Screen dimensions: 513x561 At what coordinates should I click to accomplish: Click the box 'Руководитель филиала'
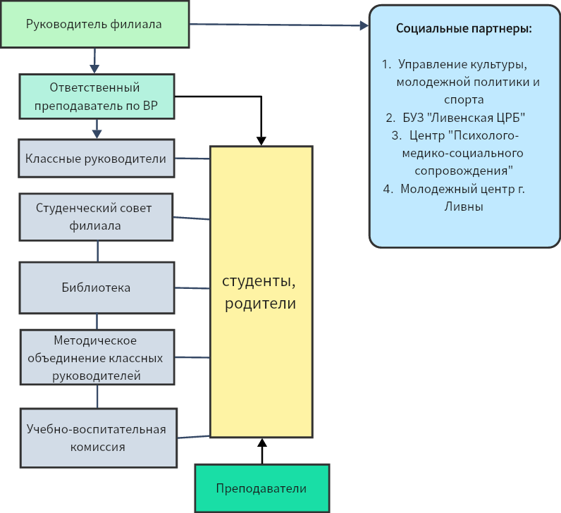tap(94, 25)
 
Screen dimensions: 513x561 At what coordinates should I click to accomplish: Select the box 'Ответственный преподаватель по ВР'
tap(96, 97)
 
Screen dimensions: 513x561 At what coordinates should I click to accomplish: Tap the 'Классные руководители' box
tap(96, 159)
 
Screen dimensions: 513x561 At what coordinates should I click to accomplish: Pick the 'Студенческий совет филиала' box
tap(96, 216)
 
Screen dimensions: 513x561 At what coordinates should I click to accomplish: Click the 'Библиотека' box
tap(96, 288)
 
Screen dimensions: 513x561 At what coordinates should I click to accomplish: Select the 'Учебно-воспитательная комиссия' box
tap(97, 438)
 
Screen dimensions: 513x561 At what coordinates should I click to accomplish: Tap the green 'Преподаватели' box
tap(261, 489)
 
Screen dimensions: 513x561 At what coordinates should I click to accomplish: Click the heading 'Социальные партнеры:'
tap(464, 30)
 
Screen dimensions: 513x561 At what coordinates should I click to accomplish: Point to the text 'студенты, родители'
tap(259, 292)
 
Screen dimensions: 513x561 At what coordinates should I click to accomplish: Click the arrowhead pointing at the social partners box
tap(364, 25)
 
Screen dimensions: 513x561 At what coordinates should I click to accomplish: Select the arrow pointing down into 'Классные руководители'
tap(97, 128)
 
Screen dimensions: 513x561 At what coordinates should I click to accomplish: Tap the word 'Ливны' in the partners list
tap(463, 206)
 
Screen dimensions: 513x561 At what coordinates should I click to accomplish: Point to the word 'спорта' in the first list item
tap(463, 99)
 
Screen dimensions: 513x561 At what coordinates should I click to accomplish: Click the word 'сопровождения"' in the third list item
tap(462, 171)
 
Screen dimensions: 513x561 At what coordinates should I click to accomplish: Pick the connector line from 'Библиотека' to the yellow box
tap(192, 288)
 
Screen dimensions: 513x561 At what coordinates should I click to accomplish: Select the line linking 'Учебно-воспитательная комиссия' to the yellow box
tap(193, 436)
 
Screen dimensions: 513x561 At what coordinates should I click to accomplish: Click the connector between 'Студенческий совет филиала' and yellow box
tap(192, 218)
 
